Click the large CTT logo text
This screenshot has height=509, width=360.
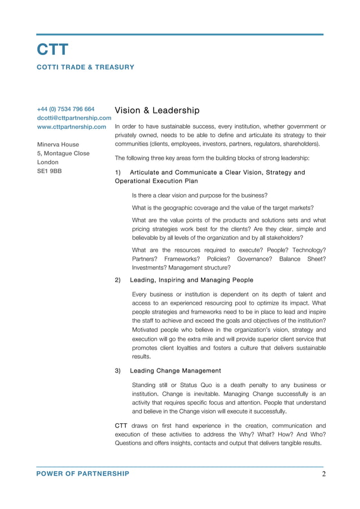pyautogui.click(x=52, y=50)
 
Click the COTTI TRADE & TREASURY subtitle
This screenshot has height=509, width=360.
pyautogui.click(x=85, y=67)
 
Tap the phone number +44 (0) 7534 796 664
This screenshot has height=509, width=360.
pyautogui.click(x=65, y=109)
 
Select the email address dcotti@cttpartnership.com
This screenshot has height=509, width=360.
pyautogui.click(x=74, y=118)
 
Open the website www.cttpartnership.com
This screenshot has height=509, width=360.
pyautogui.click(x=71, y=127)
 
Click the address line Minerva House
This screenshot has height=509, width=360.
pyautogui.click(x=58, y=144)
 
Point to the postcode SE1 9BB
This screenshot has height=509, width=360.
pyautogui.click(x=49, y=170)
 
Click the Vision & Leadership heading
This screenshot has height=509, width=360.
pyautogui.click(x=157, y=110)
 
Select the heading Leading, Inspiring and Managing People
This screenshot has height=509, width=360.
pyautogui.click(x=191, y=280)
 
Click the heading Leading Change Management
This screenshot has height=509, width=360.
pyautogui.click(x=175, y=371)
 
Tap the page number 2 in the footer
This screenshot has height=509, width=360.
pyautogui.click(x=324, y=474)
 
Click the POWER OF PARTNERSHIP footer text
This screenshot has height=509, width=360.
pyautogui.click(x=82, y=474)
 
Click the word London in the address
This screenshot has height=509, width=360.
pyautogui.click(x=48, y=162)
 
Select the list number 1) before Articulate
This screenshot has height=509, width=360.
pyautogui.click(x=118, y=173)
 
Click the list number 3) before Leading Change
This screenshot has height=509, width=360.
pyautogui.click(x=118, y=371)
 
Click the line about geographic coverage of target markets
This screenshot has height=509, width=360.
pyautogui.click(x=222, y=208)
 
